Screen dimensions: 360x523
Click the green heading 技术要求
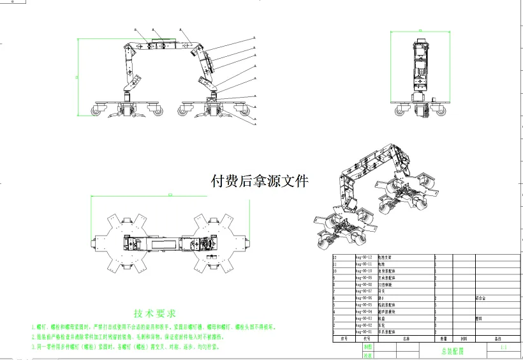click(155, 313)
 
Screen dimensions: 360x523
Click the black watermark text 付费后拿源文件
click(259, 181)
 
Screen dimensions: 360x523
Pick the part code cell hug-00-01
click(363, 332)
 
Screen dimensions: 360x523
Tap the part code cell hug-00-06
click(363, 297)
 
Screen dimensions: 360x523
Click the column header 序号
click(343, 339)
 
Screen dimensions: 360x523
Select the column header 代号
click(366, 339)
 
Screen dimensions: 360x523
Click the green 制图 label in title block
click(350, 346)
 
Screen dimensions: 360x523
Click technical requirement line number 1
click(153, 327)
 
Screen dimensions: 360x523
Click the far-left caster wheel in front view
click(98, 111)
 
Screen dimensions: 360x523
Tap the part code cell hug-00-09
click(363, 277)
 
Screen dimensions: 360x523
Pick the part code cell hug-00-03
click(363, 318)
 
